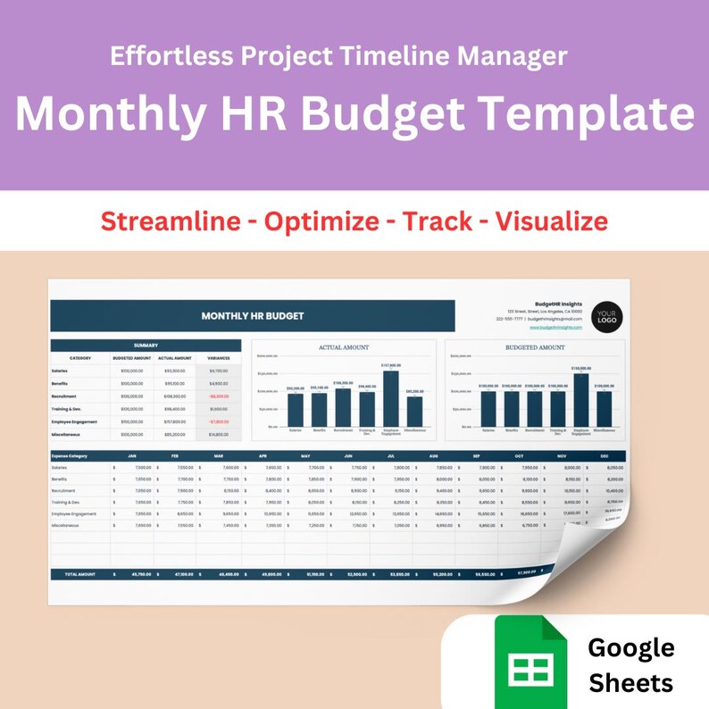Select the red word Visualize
552,221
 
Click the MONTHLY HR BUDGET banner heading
253,315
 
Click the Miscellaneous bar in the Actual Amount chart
414,411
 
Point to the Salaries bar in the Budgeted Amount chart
488,408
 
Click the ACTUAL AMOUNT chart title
344,347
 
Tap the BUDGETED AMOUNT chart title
535,347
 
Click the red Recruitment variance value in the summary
219,396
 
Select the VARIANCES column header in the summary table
219,358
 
